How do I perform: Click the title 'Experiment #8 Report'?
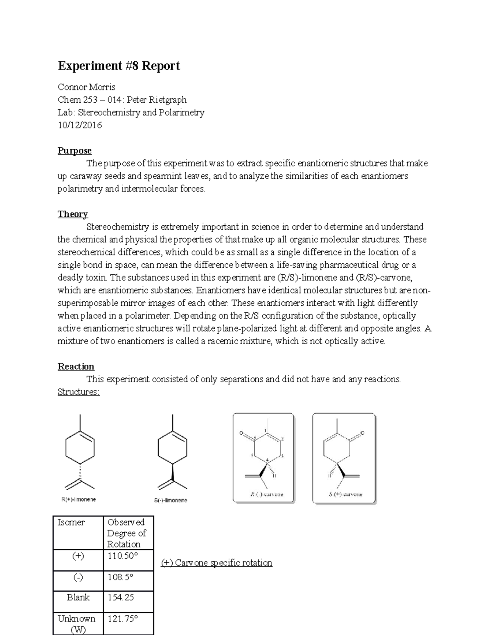(x=119, y=66)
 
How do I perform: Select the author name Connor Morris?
(x=86, y=87)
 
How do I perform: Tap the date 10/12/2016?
(x=80, y=125)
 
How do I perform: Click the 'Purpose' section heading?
(x=74, y=150)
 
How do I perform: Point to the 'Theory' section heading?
(x=72, y=214)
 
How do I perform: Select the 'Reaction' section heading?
(x=76, y=366)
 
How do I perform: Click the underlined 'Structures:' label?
(x=79, y=392)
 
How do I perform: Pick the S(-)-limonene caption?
(x=171, y=500)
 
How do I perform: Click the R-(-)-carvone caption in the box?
(x=266, y=494)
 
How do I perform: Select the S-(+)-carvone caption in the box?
(x=345, y=494)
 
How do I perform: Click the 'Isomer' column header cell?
(x=71, y=523)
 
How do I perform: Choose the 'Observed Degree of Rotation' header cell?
(x=126, y=533)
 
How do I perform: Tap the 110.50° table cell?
(x=123, y=556)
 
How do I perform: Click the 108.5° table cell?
(x=121, y=577)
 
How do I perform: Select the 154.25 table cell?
(x=121, y=597)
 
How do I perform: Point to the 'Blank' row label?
(x=78, y=597)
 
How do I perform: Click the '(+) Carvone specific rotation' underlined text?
(x=216, y=563)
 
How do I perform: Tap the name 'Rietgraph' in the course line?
(x=168, y=100)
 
